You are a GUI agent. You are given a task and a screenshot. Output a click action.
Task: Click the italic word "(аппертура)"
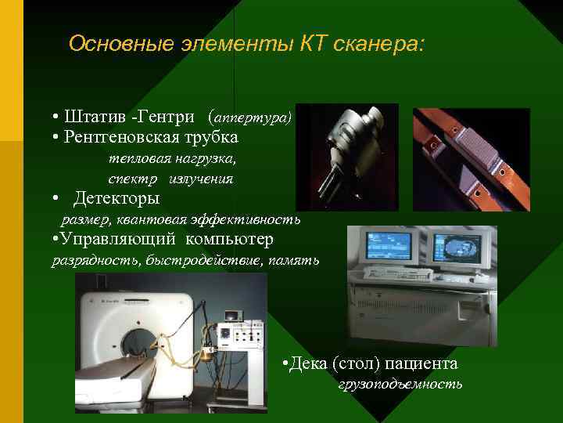point(250,117)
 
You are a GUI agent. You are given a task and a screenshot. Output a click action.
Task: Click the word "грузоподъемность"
point(400,385)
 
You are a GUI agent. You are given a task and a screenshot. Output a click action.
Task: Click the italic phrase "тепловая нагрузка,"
point(171,158)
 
